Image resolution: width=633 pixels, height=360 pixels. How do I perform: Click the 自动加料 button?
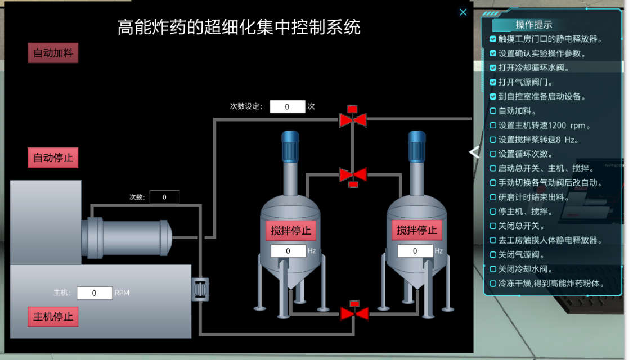point(53,53)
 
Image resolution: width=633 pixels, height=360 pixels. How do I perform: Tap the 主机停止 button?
point(53,317)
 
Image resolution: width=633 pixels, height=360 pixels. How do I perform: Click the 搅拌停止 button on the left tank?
point(291,230)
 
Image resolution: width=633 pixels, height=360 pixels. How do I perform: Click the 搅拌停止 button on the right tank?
point(417,230)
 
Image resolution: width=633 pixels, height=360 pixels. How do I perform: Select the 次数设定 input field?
point(287,106)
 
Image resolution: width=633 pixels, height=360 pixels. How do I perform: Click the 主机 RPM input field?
point(94,293)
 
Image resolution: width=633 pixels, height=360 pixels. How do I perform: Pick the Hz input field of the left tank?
point(288,251)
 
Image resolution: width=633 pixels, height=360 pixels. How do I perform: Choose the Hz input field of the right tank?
point(415,251)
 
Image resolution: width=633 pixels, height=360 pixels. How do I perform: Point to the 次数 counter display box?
point(164,197)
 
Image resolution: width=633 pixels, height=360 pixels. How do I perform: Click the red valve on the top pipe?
point(353,119)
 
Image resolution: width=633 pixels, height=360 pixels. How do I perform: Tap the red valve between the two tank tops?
point(353,175)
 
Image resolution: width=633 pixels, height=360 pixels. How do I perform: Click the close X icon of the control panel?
point(463,12)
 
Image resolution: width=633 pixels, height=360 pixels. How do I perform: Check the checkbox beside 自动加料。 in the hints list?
point(493,111)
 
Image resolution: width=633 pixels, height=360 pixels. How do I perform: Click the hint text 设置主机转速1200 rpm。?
point(545,125)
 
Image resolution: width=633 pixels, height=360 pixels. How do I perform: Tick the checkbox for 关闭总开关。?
point(493,226)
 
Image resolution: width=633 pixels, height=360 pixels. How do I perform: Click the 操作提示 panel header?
point(533,25)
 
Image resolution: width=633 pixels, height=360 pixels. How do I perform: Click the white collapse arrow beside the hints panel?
point(474,152)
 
